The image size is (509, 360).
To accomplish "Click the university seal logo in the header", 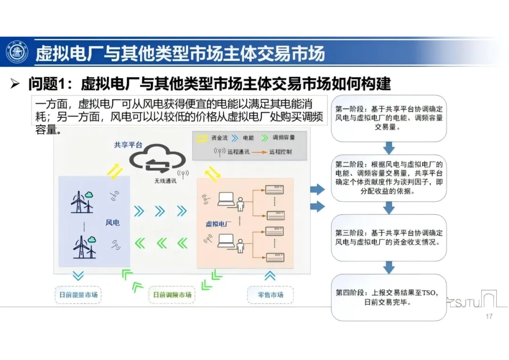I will [x=17, y=52].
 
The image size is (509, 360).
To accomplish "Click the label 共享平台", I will [x=128, y=145].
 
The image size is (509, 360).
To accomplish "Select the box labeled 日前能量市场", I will [x=79, y=295].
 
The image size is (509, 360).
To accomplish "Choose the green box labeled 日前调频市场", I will [x=172, y=295].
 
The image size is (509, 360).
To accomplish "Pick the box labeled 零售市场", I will [x=271, y=295].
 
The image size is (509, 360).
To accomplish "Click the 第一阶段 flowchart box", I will [x=389, y=118].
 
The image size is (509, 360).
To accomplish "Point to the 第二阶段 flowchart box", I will [x=389, y=178].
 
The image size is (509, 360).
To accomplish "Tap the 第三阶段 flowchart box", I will [x=389, y=238].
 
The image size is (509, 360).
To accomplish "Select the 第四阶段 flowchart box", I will [x=389, y=298].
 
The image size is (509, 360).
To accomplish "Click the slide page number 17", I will [x=489, y=316].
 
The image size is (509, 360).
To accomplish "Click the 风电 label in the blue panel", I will [x=112, y=222].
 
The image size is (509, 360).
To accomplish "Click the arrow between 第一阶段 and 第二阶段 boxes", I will [x=389, y=148].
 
